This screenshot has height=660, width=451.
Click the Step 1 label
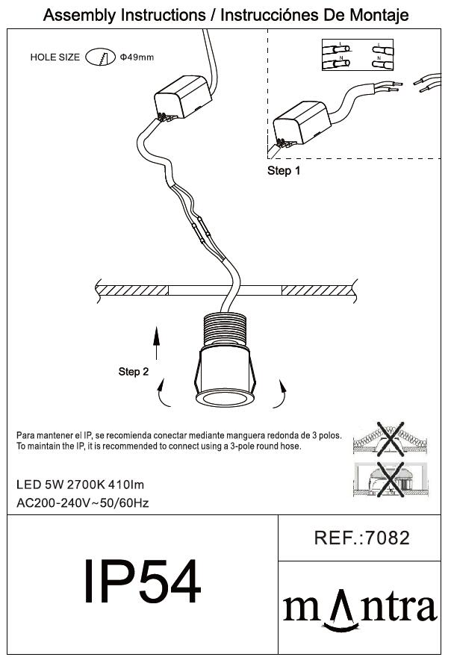tap(284, 171)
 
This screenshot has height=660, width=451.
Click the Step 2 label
tap(134, 372)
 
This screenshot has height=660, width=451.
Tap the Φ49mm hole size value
tap(137, 57)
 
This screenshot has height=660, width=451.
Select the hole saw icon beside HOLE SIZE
tap(100, 57)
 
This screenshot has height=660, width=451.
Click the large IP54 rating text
tap(142, 582)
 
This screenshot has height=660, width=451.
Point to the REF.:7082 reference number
tap(361, 538)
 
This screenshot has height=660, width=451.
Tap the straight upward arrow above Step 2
tap(156, 343)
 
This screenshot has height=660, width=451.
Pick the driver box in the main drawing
tap(182, 97)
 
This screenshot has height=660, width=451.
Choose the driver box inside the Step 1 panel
tap(302, 123)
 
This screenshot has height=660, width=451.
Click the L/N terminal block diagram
tap(358, 55)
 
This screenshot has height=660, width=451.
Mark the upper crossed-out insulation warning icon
tap(391, 439)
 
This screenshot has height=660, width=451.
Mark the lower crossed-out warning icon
tap(391, 479)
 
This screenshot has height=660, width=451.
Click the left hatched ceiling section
tap(132, 290)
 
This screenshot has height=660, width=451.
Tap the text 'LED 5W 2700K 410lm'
tap(80, 485)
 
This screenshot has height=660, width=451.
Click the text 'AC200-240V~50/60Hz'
tap(83, 503)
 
